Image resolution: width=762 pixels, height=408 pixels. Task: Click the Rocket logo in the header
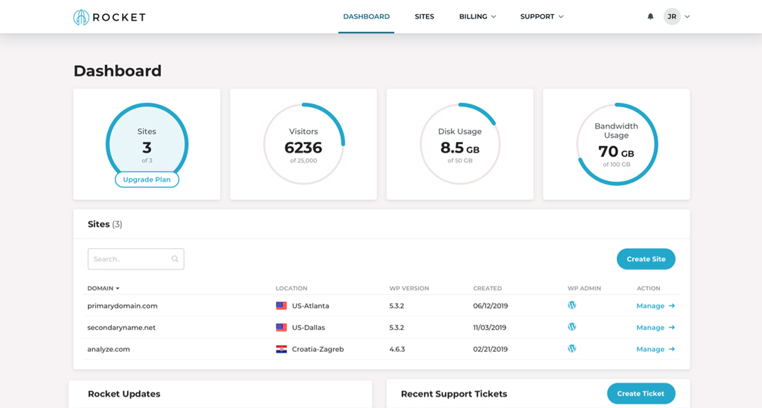tap(109, 17)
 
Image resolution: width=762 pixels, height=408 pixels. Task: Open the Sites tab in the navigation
tap(424, 16)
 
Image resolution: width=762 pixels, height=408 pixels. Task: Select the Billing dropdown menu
tap(477, 16)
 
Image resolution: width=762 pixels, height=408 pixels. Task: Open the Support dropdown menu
tap(542, 16)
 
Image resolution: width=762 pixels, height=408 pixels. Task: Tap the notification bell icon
tap(650, 16)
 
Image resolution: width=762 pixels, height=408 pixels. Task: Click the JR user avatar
tap(671, 16)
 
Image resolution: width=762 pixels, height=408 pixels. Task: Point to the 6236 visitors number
tap(303, 148)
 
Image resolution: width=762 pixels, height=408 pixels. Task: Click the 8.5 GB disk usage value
tap(459, 148)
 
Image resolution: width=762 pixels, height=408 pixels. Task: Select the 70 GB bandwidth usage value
tap(616, 152)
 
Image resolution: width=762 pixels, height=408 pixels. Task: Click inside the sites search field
tap(131, 259)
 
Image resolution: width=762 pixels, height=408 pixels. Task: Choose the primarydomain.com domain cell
tap(122, 306)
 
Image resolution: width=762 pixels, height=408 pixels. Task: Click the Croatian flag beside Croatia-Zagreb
tap(281, 349)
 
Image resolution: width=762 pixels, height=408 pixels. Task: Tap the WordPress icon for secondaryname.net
tap(572, 327)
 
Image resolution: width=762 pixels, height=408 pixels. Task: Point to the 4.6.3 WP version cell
tap(397, 349)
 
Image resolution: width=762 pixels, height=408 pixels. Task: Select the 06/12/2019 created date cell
tap(490, 306)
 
